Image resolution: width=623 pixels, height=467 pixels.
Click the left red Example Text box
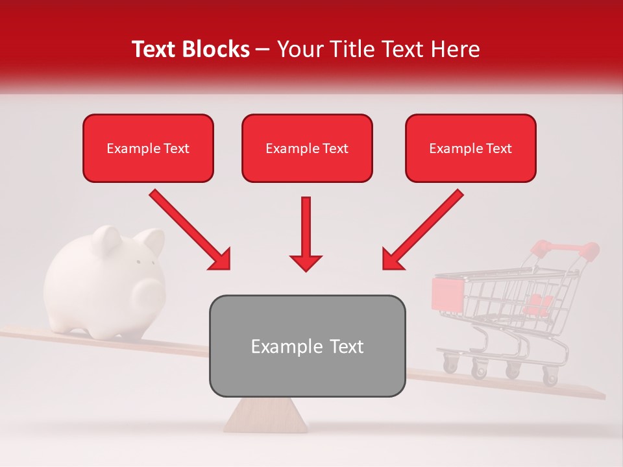pyautogui.click(x=148, y=148)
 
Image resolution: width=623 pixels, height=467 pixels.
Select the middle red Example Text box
pyautogui.click(x=307, y=148)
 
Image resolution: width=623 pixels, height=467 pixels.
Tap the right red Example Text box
pyautogui.click(x=470, y=148)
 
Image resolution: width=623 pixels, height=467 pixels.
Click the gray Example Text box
pyautogui.click(x=307, y=346)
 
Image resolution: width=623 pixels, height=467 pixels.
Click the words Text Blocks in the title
pyautogui.click(x=190, y=49)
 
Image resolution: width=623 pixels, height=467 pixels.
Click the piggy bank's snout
pyautogui.click(x=147, y=296)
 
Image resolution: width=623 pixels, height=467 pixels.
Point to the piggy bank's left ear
pyautogui.click(x=107, y=238)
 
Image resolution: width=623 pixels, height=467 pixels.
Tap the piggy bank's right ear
pyautogui.click(x=153, y=241)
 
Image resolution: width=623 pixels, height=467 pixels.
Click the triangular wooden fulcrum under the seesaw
pyautogui.click(x=266, y=415)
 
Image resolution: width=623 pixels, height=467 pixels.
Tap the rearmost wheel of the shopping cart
pyautogui.click(x=550, y=377)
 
